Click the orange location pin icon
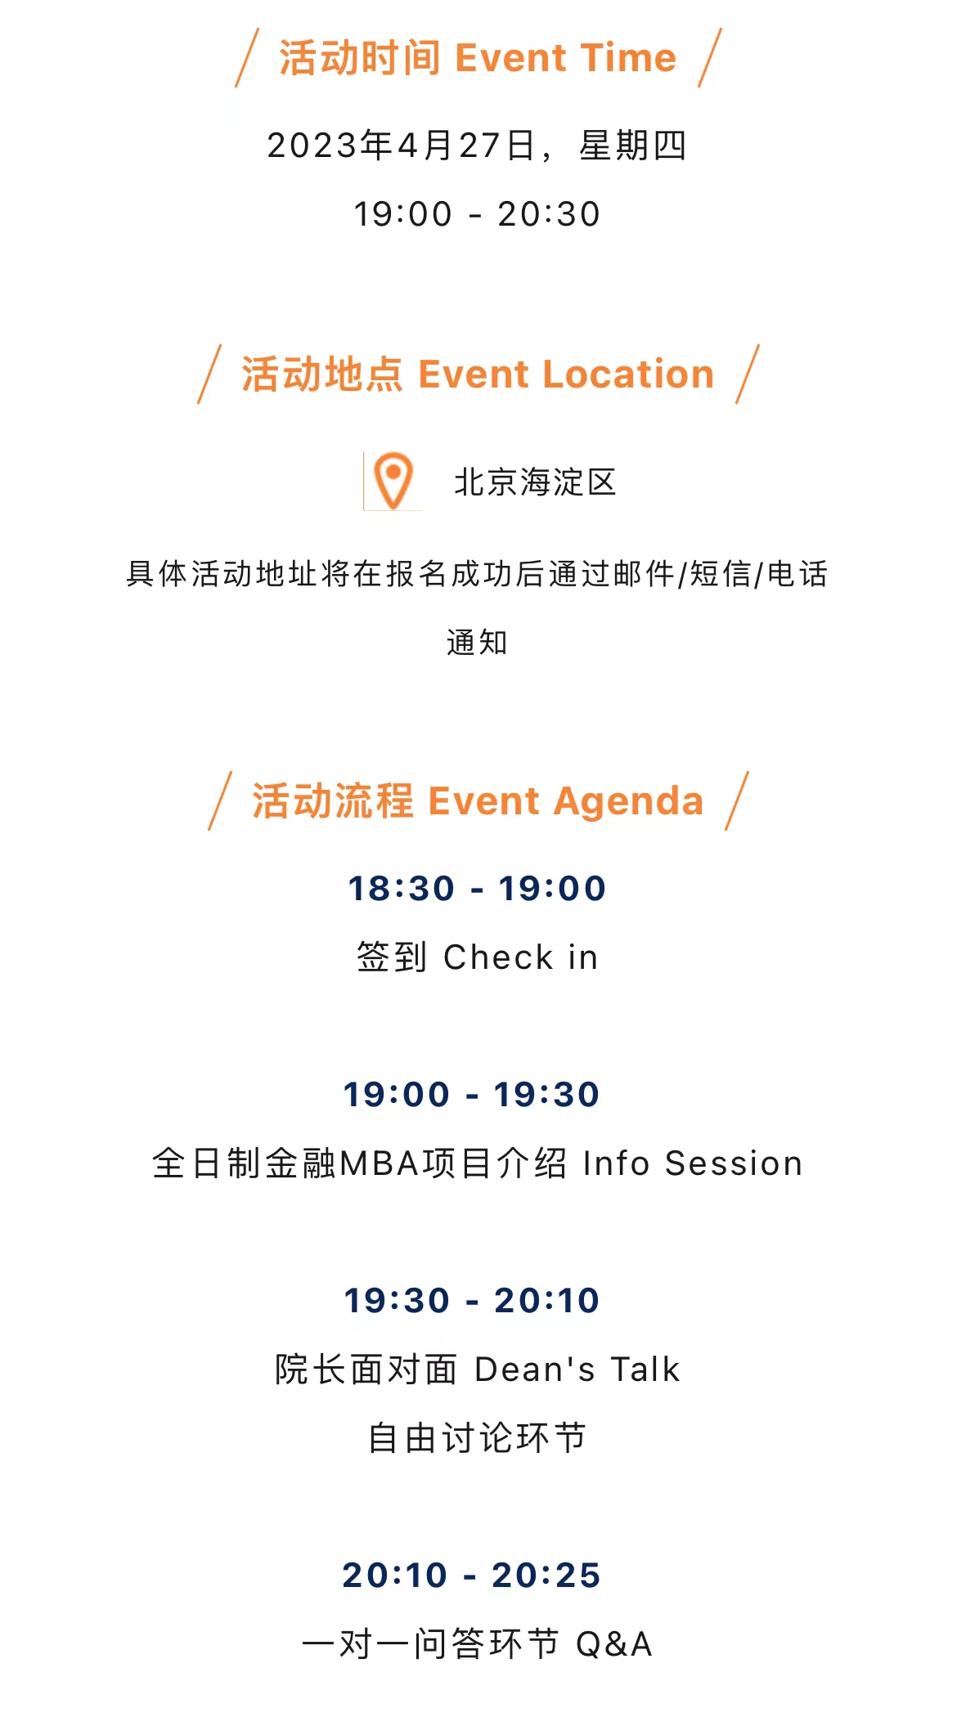[393, 481]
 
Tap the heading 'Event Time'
[566, 58]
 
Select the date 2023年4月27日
[402, 146]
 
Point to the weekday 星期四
[633, 146]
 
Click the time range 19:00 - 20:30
[478, 214]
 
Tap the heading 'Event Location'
[566, 374]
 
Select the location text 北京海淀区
[535, 482]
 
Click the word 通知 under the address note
[478, 643]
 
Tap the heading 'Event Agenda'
[566, 801]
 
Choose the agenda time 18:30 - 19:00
[478, 889]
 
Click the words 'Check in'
[521, 957]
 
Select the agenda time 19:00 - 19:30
[472, 1095]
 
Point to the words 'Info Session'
[693, 1163]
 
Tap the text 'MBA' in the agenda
[380, 1163]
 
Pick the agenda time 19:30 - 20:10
[472, 1301]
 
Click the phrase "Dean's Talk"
[577, 1370]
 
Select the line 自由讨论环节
[478, 1438]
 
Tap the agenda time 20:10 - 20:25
[472, 1576]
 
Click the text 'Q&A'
[614, 1644]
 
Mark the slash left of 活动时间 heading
[247, 57]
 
